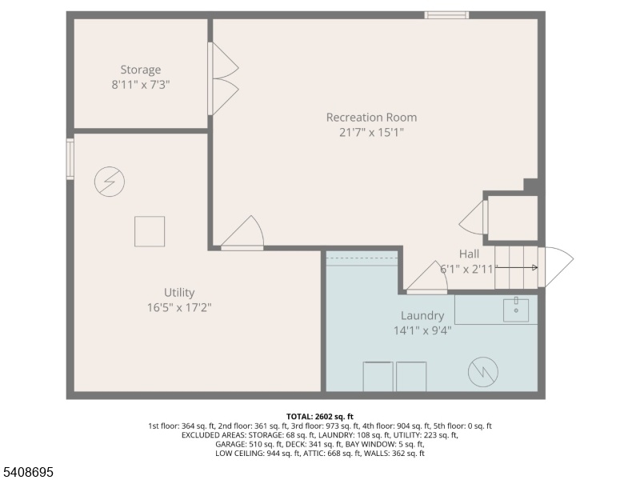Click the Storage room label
141,70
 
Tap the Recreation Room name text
371,118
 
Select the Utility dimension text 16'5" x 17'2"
179,307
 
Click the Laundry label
422,315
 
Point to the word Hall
469,254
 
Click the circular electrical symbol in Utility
110,182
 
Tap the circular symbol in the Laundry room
483,372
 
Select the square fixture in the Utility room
150,231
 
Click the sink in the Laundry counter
516,310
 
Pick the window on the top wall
446,15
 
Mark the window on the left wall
70,159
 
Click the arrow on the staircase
516,268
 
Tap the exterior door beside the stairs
556,266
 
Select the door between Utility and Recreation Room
242,233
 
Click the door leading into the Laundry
427,278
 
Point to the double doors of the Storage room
223,78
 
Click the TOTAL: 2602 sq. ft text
319,417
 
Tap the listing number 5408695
27,472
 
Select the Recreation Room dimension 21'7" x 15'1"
371,133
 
